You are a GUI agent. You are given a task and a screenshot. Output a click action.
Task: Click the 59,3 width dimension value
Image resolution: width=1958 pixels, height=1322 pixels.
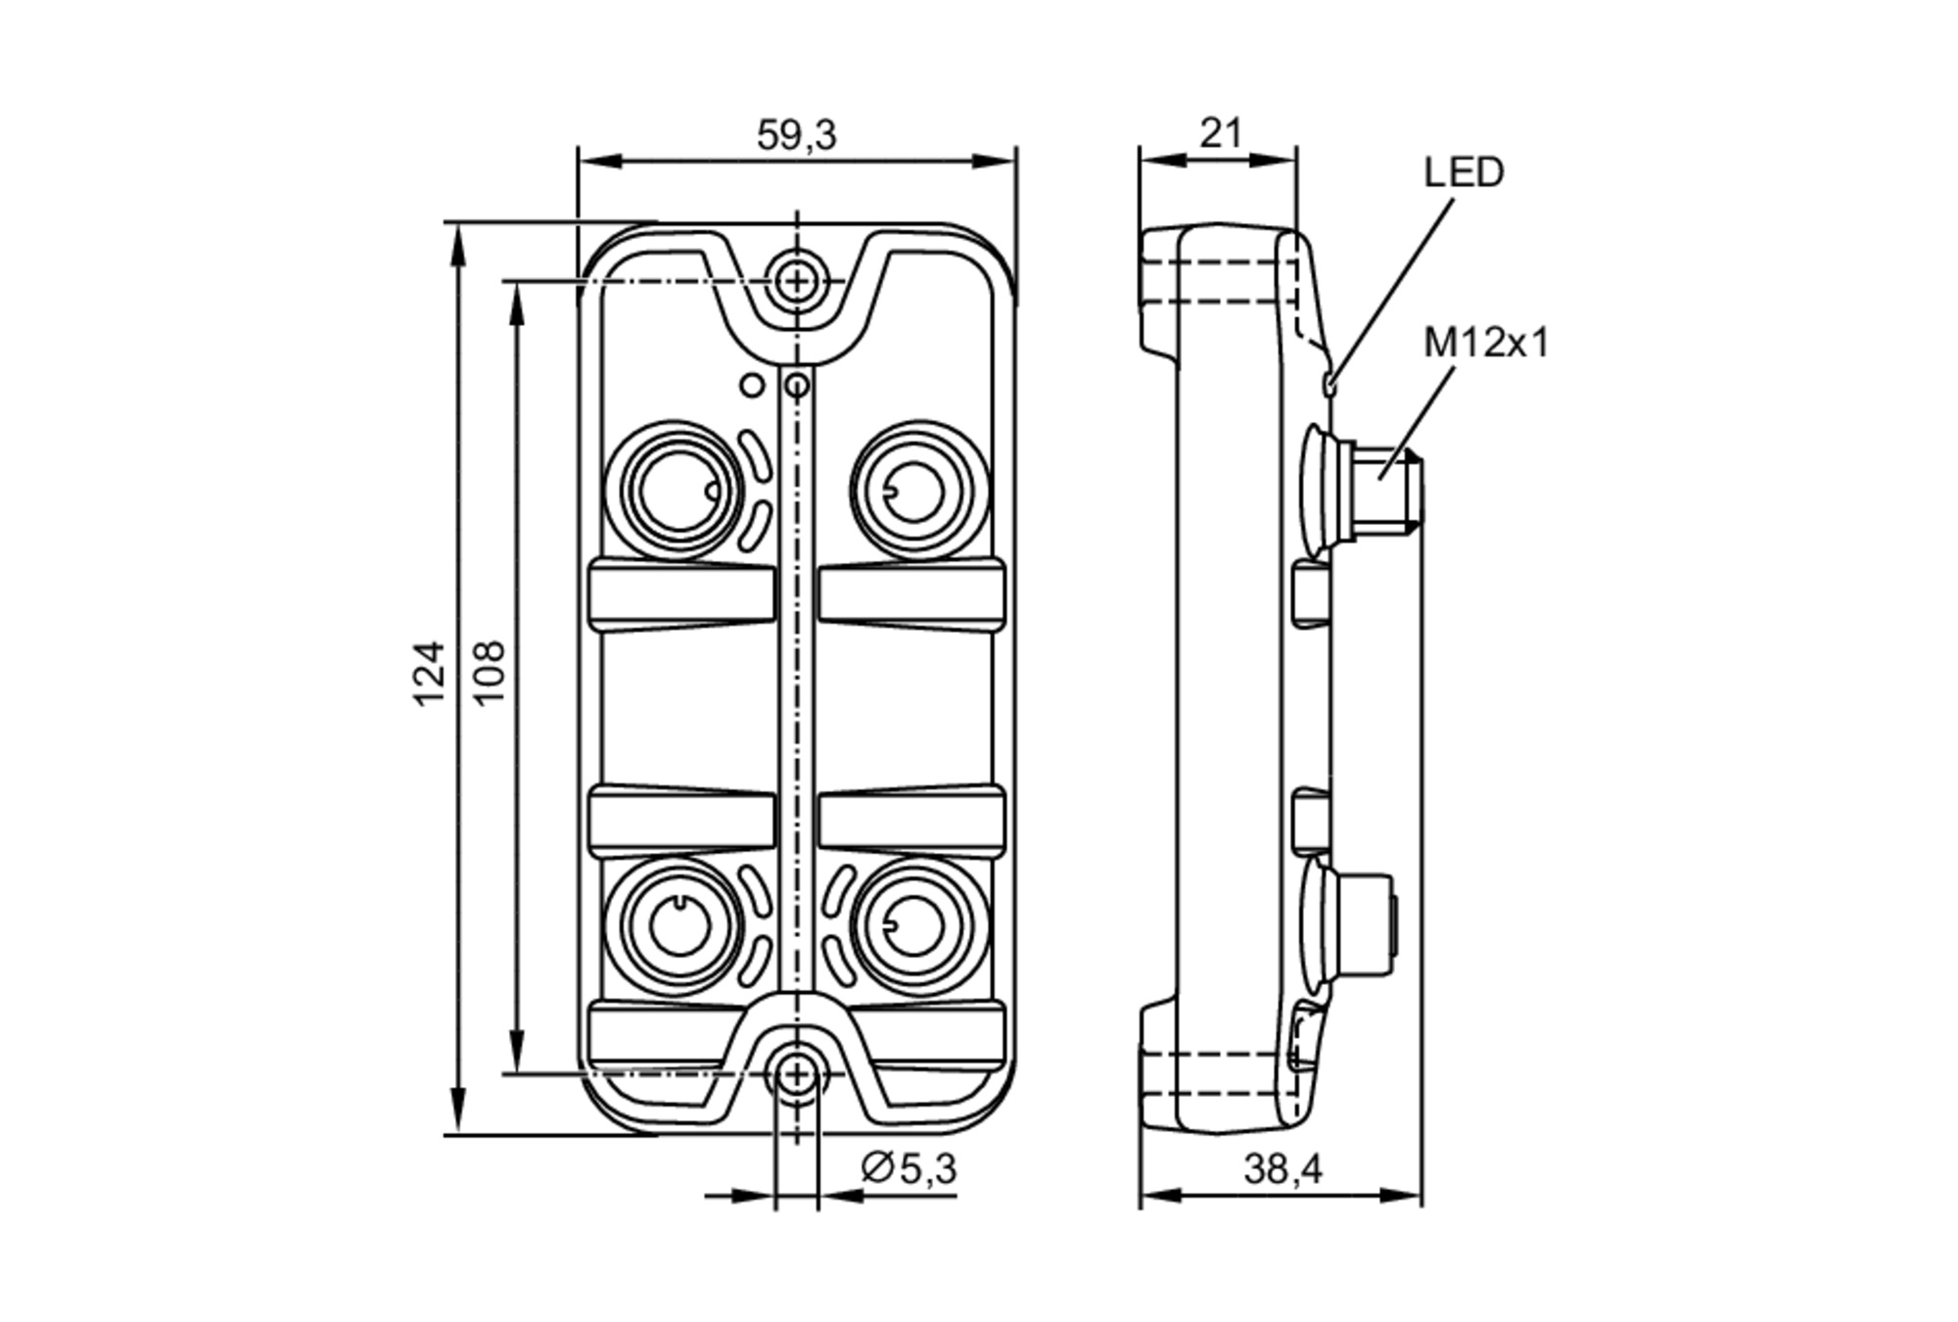[x=796, y=135]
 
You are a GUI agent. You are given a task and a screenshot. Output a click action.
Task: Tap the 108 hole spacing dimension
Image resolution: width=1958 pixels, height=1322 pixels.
[x=489, y=673]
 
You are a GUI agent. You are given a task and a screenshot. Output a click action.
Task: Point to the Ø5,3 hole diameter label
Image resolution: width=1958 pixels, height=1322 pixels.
[x=908, y=1168]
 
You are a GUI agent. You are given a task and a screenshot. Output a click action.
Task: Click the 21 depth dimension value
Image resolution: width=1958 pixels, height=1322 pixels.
[x=1220, y=133]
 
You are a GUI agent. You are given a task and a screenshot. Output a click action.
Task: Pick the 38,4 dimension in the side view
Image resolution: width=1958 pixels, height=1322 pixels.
[x=1282, y=1169]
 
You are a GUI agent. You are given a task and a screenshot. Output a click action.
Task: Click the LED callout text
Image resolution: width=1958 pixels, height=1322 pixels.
[x=1463, y=173]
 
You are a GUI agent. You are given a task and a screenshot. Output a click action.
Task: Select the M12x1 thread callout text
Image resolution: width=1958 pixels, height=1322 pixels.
[x=1485, y=344]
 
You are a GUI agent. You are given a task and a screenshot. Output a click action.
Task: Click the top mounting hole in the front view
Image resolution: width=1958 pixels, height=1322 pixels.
[x=798, y=282]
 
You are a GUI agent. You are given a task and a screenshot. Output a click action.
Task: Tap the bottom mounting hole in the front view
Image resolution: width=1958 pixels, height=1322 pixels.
[x=798, y=1075]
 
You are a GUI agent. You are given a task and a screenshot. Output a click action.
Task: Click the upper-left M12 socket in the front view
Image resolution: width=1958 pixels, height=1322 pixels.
[x=677, y=490]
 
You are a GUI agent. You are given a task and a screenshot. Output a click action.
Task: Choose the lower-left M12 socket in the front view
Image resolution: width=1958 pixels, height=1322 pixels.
[x=677, y=925]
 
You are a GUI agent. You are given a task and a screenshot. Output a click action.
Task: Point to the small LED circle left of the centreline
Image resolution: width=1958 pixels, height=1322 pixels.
[x=752, y=385]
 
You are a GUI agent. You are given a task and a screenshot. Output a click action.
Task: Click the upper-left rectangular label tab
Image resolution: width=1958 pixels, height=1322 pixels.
[x=682, y=595]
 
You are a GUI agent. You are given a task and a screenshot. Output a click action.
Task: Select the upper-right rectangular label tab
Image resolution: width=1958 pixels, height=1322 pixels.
[x=910, y=595]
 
